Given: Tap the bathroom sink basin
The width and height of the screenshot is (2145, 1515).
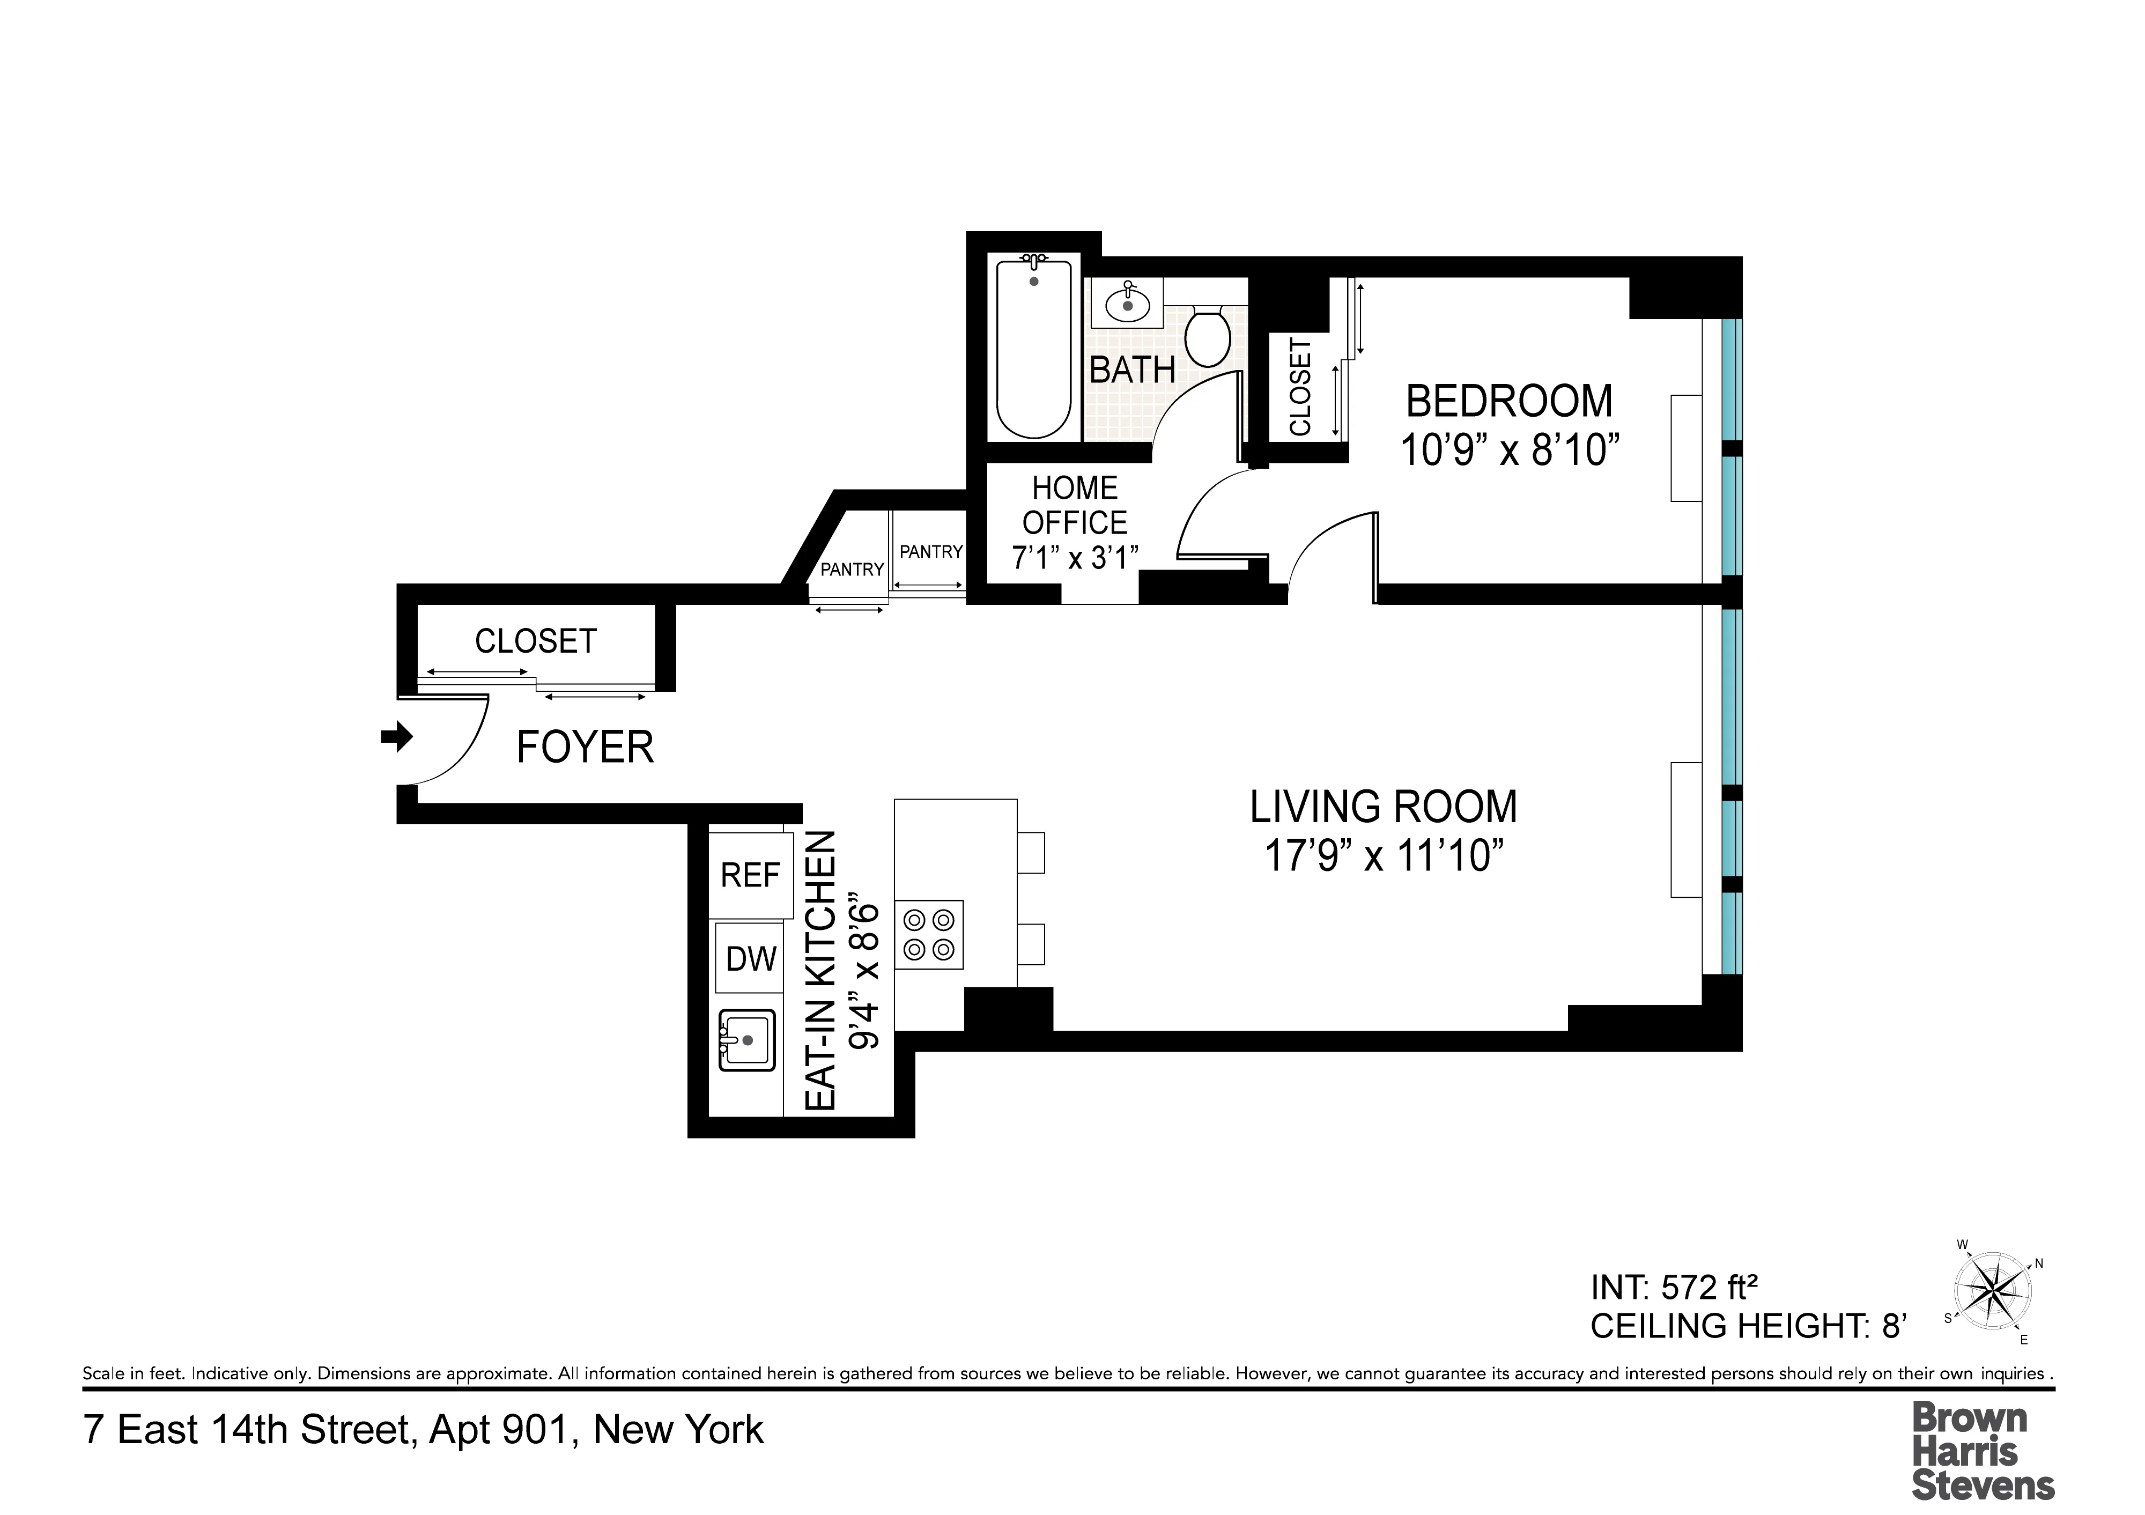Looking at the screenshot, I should point(1128,304).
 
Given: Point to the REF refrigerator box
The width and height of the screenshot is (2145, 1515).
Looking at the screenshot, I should point(750,875).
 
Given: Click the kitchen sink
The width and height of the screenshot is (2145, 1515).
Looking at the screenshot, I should point(746,1039).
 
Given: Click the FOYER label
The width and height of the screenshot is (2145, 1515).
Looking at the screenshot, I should point(585,747).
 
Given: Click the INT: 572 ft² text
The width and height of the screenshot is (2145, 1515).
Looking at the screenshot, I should point(1674,1288).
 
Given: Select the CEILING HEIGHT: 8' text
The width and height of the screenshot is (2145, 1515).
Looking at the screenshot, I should point(1747,1326).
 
